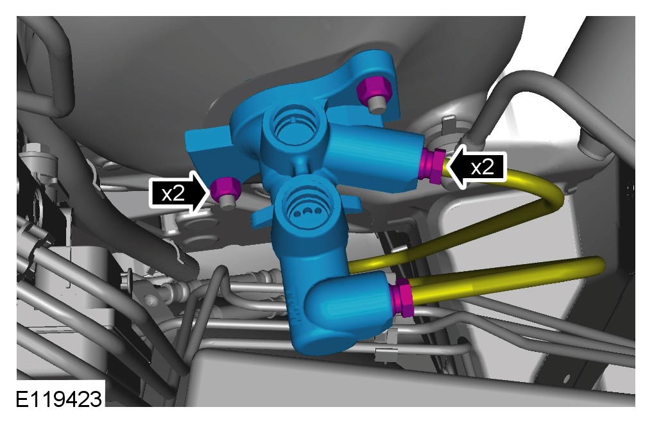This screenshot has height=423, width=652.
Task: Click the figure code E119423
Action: [x=58, y=399]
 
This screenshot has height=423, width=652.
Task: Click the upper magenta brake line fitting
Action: [x=433, y=165]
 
